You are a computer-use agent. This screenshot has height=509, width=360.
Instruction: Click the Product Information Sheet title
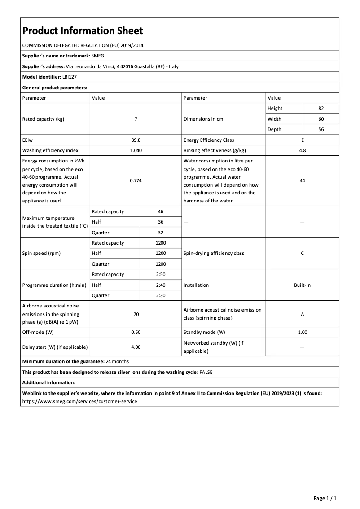point(83,31)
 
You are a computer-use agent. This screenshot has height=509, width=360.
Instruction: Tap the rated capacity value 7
point(136,119)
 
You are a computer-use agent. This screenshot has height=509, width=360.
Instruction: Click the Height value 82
point(320,109)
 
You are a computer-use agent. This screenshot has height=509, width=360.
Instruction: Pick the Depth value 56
point(320,129)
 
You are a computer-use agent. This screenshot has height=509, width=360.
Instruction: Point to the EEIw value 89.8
point(136,140)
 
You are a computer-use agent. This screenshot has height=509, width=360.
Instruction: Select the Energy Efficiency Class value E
point(302,140)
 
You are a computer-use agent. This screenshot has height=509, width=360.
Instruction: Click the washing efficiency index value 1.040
point(136,150)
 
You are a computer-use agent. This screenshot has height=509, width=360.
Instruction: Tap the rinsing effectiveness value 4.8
point(302,150)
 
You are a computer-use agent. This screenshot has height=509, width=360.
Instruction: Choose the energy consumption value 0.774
point(136,180)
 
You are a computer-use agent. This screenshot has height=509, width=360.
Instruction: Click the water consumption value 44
point(302,180)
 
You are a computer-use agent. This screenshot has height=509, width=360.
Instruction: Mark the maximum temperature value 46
point(161,211)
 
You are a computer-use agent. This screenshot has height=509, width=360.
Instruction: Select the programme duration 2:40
point(161,285)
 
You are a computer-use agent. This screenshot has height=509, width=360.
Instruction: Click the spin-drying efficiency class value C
point(302,253)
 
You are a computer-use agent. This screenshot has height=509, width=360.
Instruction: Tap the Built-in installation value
point(302,285)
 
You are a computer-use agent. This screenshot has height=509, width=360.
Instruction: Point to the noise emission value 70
point(136,314)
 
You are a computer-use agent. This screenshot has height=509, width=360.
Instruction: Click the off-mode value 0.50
point(136,333)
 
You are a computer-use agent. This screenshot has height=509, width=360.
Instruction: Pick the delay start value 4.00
point(136,347)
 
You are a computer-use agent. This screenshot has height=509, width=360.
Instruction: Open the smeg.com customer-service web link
point(79,401)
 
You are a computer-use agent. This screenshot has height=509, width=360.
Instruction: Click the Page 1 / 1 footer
point(325,498)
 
